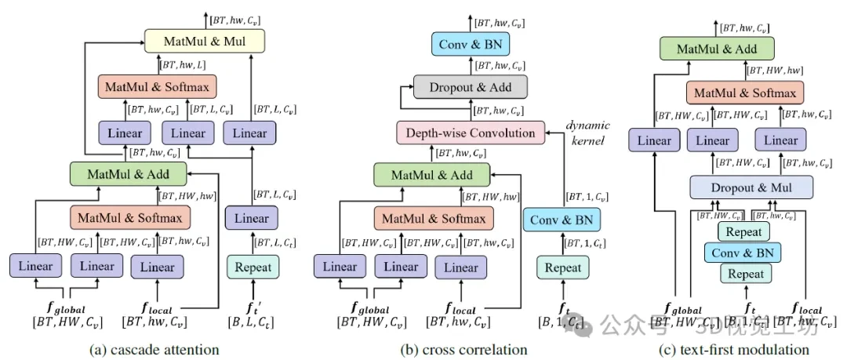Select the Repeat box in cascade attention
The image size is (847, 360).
coord(253,267)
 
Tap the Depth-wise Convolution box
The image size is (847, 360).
coord(470,133)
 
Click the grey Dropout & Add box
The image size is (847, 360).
coord(471,87)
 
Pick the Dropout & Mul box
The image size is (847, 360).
coord(751,188)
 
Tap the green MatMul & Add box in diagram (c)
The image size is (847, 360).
coord(716,49)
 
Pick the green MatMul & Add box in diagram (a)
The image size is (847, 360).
coord(127,172)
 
